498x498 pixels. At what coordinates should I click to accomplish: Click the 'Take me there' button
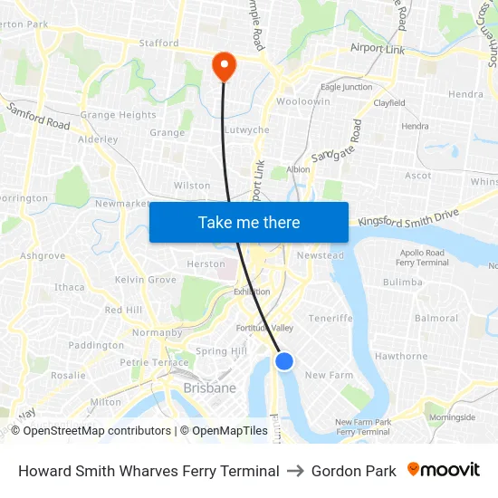click(x=249, y=222)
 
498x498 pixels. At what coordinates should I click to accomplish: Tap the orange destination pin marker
click(x=223, y=66)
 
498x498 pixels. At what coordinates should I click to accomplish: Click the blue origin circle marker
click(x=284, y=361)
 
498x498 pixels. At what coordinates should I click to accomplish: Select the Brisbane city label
click(x=209, y=388)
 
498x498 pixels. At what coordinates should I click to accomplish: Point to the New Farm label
click(x=329, y=375)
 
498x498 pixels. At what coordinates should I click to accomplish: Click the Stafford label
click(x=158, y=43)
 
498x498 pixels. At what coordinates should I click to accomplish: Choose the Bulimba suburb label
click(x=403, y=283)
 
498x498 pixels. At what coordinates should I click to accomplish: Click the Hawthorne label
click(x=401, y=357)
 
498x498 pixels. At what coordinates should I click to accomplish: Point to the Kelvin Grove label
click(x=146, y=280)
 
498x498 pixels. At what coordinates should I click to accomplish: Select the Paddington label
click(x=96, y=345)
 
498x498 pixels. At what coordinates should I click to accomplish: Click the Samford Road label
click(x=38, y=116)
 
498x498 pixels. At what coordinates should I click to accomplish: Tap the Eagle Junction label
click(x=346, y=87)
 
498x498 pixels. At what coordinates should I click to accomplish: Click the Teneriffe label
click(x=330, y=319)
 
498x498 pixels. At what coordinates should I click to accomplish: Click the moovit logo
click(x=444, y=470)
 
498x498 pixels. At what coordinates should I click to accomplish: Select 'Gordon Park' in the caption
click(x=353, y=471)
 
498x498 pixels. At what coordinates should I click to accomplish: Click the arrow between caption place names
click(x=295, y=471)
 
